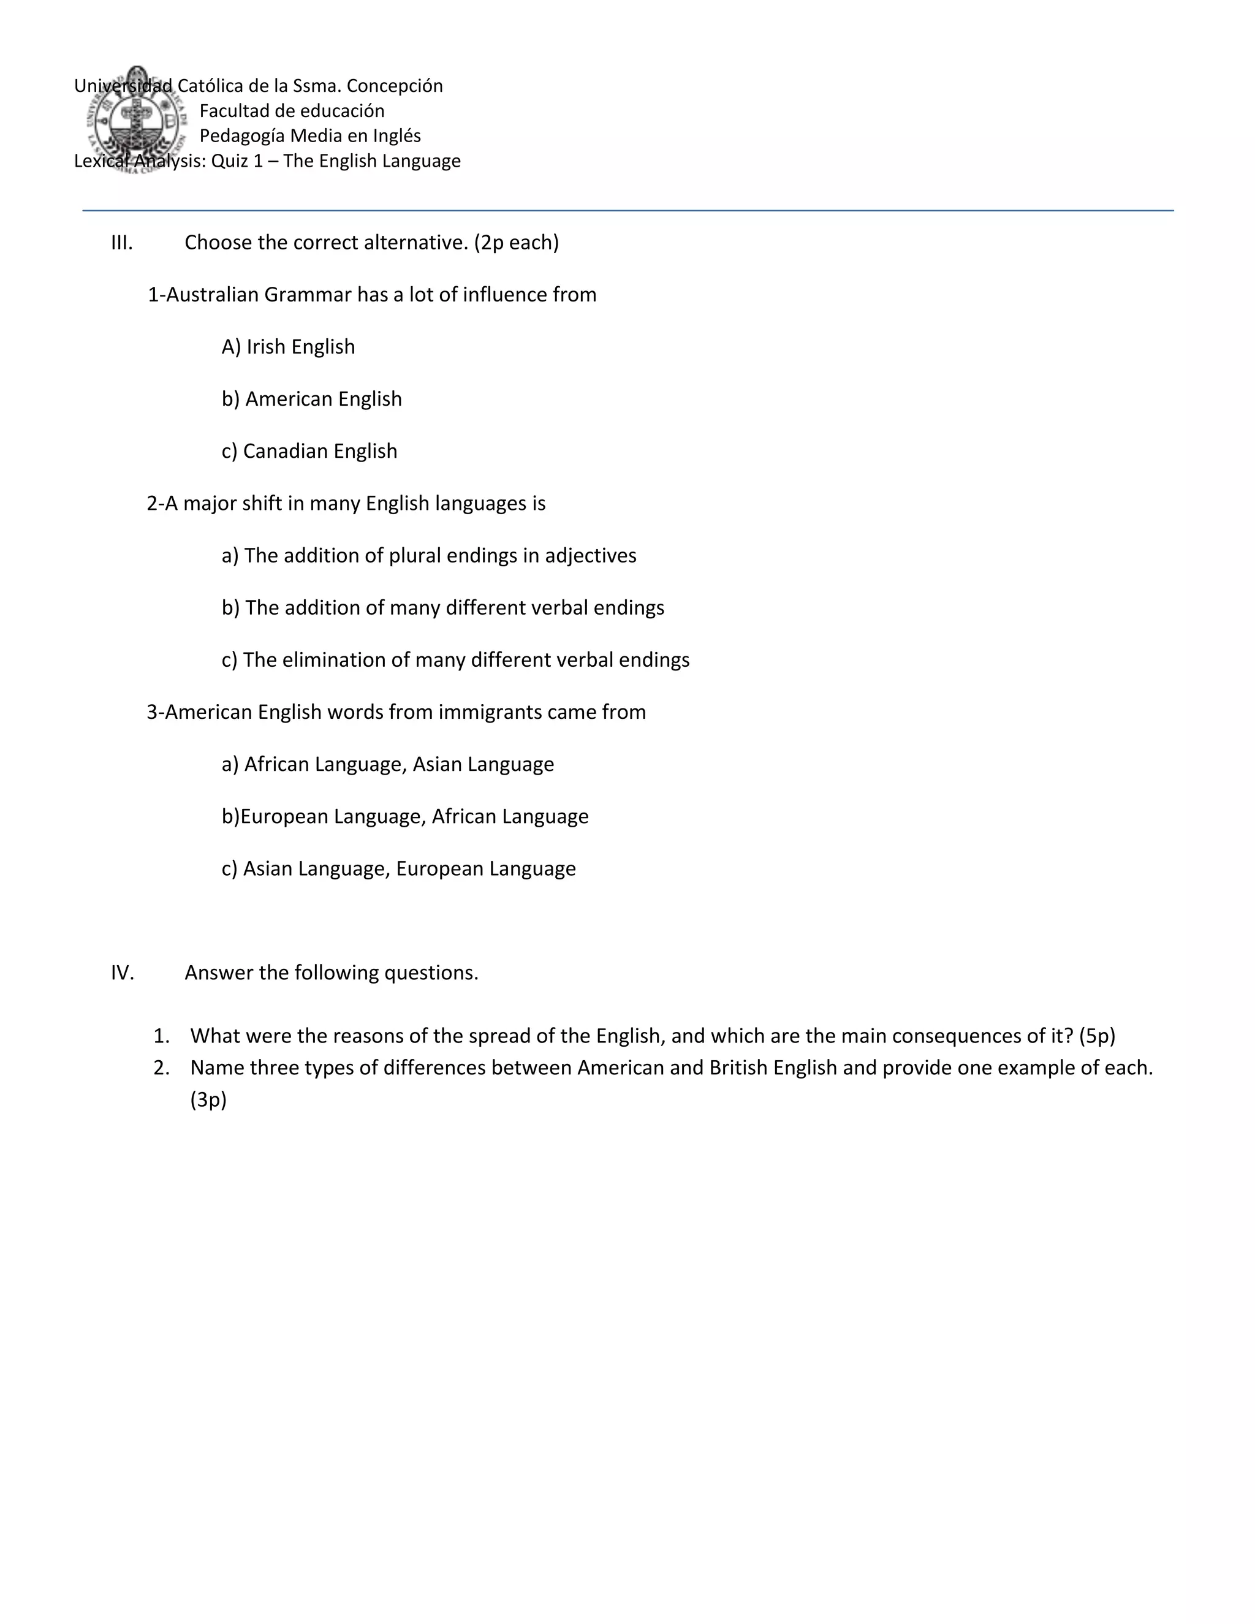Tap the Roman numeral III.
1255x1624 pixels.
122,243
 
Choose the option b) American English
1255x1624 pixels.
311,400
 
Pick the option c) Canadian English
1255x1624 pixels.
309,452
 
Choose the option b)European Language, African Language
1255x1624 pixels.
404,816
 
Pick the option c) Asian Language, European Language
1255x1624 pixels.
398,868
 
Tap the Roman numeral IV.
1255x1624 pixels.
123,973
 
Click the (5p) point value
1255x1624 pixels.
1097,1036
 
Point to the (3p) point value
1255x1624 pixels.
208,1100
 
